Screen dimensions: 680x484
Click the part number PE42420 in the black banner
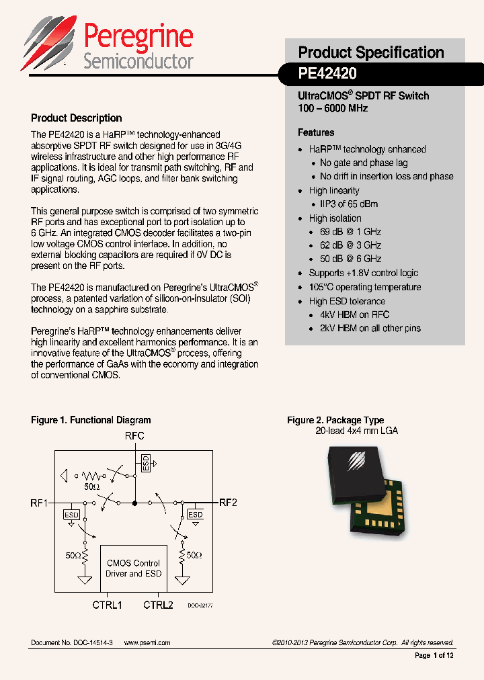[x=327, y=73]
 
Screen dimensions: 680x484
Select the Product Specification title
[x=371, y=52]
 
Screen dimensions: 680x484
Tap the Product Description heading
[x=77, y=118]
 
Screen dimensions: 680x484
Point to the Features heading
[x=316, y=132]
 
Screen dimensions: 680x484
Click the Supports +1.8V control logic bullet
[x=363, y=273]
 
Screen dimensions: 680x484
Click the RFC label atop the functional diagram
[x=134, y=436]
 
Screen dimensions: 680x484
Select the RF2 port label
[x=228, y=503]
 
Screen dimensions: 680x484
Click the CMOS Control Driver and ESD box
[x=133, y=568]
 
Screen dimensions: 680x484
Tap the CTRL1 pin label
[x=108, y=605]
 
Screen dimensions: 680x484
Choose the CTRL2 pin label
[x=158, y=605]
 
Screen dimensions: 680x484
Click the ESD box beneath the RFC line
[x=145, y=462]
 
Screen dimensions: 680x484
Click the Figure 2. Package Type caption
[x=335, y=420]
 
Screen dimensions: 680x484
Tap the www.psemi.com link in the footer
[x=147, y=643]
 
